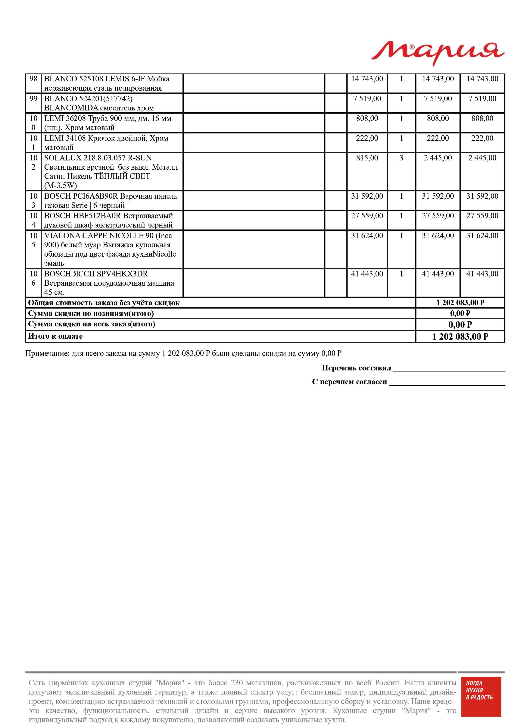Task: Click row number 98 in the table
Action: [x=33, y=79]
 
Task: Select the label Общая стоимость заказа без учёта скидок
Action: [x=104, y=303]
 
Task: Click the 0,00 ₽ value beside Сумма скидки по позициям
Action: [x=460, y=313]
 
